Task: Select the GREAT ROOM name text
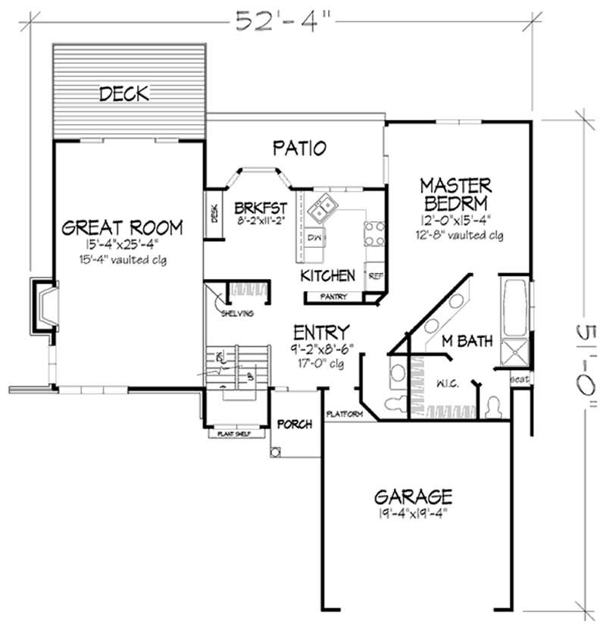pyautogui.click(x=123, y=227)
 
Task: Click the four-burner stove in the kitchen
pyautogui.click(x=374, y=233)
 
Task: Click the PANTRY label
pyautogui.click(x=334, y=297)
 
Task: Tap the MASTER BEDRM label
pyautogui.click(x=456, y=194)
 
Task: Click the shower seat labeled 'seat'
pyautogui.click(x=519, y=378)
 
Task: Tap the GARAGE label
pyautogui.click(x=414, y=497)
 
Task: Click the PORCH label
pyautogui.click(x=294, y=425)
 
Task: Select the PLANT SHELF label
pyautogui.click(x=236, y=435)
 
